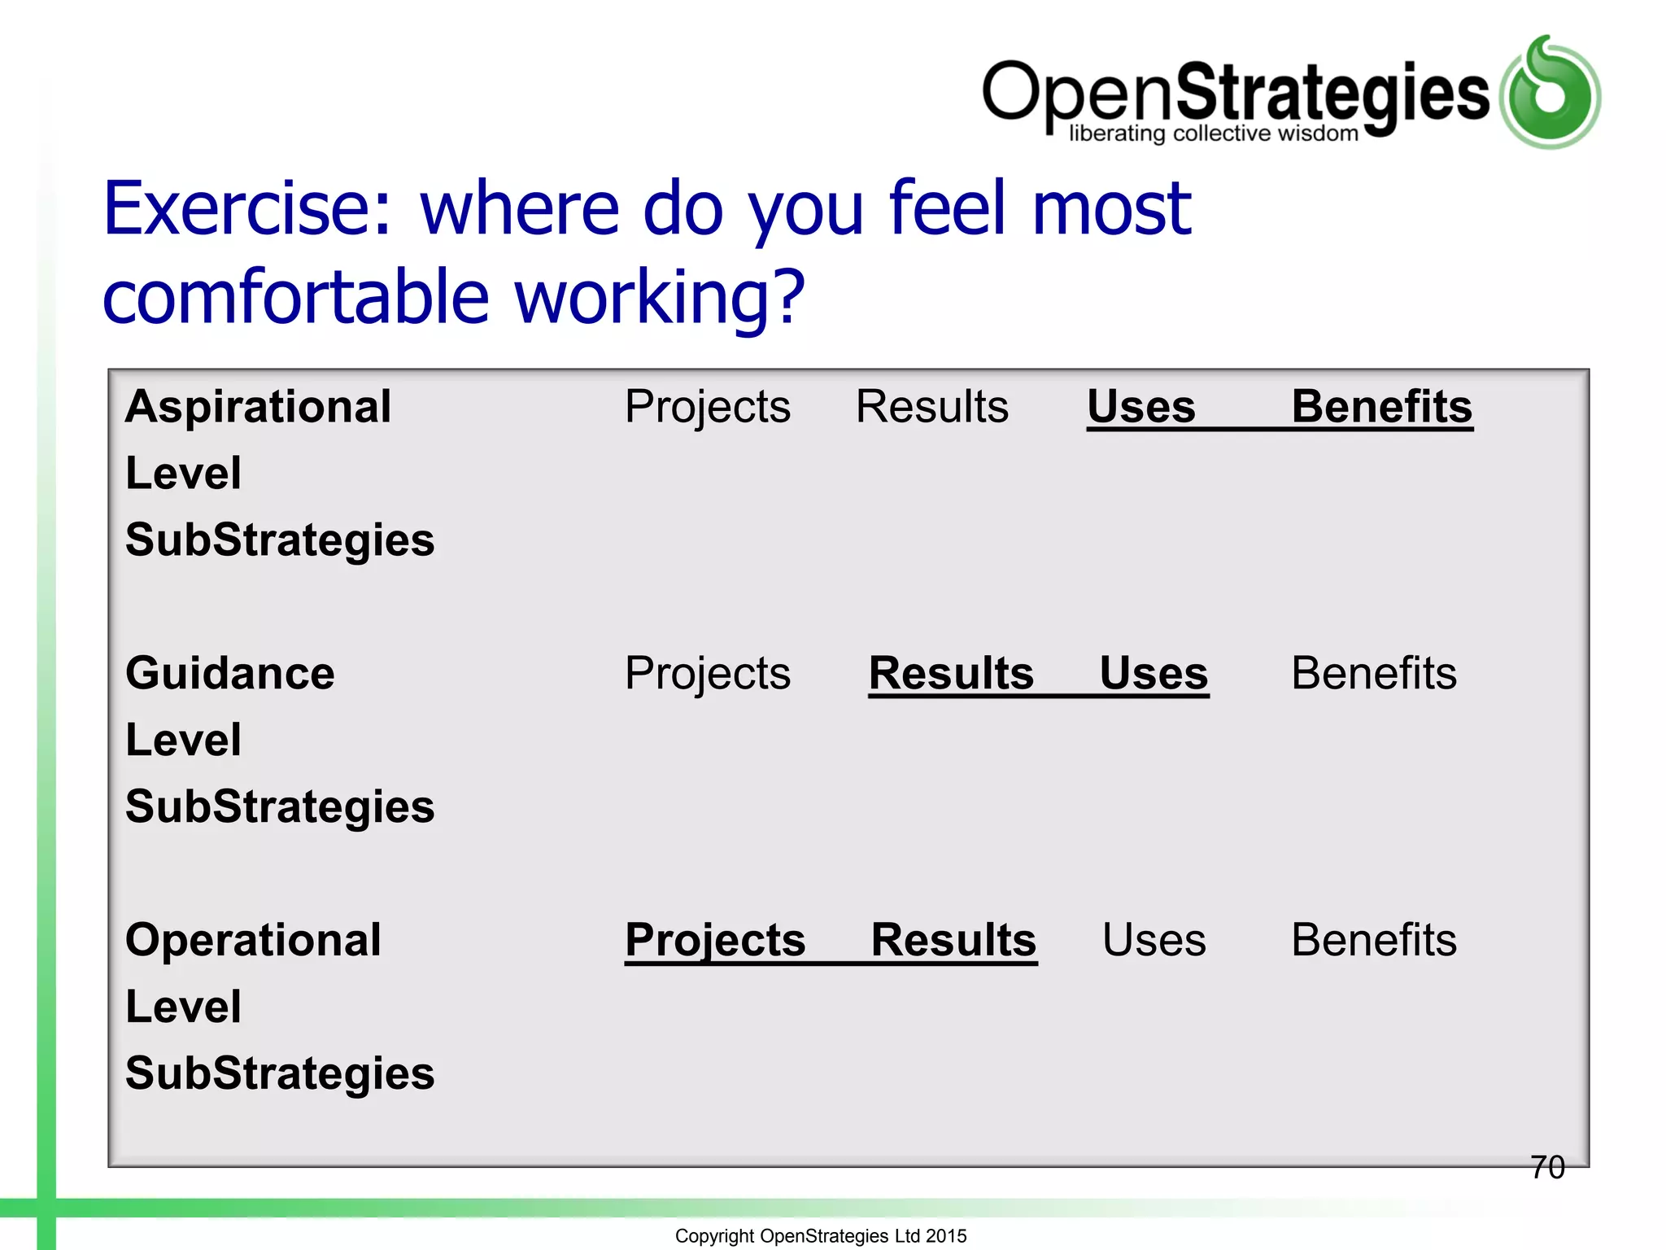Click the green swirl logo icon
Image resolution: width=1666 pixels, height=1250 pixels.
[1550, 93]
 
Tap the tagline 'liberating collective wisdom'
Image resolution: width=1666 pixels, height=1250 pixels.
[1213, 133]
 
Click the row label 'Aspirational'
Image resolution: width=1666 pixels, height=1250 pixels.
[258, 406]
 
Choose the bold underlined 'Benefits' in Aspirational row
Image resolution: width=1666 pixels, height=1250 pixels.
[1381, 406]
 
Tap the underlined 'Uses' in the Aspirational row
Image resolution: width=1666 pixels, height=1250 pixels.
[1140, 406]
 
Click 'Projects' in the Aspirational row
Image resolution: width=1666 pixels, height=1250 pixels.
[707, 406]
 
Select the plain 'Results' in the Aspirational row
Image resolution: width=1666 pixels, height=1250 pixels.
[931, 406]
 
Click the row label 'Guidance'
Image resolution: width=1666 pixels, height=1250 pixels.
[229, 673]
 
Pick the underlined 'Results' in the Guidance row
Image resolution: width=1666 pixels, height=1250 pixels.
[951, 673]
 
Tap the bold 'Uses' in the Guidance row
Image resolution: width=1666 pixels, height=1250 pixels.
[1154, 673]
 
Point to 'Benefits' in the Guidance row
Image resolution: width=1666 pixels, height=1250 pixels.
[1373, 673]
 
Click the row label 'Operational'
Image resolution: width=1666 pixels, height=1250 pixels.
[253, 940]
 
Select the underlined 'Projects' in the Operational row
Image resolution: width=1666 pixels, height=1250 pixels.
[715, 940]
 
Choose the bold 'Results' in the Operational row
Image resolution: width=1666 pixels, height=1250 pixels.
[953, 940]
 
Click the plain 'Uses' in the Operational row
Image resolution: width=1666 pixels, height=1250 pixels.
[1154, 940]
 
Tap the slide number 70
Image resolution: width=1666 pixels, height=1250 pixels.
[1546, 1167]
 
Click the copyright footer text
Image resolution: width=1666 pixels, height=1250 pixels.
[820, 1235]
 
